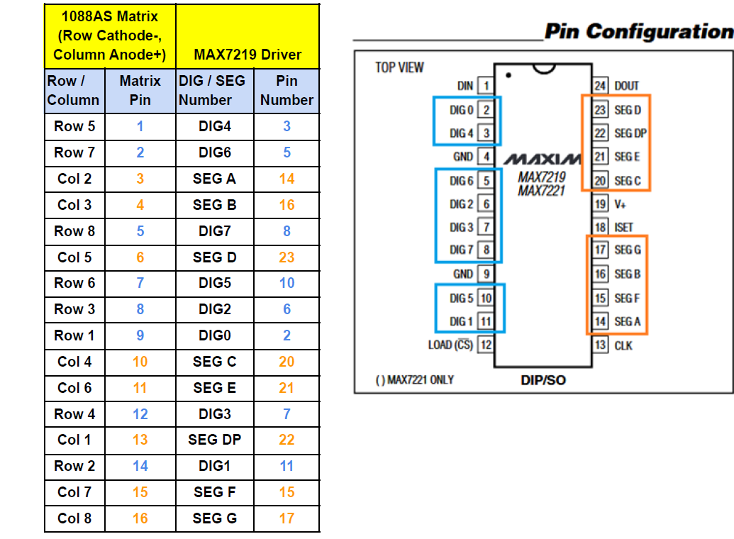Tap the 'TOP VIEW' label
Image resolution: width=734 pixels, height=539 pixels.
pos(399,67)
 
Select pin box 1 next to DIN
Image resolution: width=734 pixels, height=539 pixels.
pos(486,86)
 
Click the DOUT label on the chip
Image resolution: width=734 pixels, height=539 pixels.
pos(626,86)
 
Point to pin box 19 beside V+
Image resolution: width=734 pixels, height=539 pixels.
pos(600,204)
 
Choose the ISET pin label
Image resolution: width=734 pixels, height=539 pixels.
pos(623,227)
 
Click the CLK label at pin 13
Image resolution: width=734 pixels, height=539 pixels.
pos(623,345)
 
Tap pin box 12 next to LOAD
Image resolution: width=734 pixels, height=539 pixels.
pos(486,345)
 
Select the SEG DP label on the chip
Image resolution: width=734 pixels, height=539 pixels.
pos(630,133)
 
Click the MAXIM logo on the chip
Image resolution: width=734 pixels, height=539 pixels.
pos(542,160)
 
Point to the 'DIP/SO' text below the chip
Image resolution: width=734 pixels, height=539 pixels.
pos(543,379)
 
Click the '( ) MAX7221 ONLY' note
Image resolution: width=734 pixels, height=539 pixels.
pos(415,379)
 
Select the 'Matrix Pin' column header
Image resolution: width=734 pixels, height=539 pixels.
pos(140,90)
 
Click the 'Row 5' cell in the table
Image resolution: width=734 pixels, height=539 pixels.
pos(74,126)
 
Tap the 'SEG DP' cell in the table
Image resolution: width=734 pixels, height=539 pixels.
pos(214,439)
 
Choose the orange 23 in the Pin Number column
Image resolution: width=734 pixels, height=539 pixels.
pos(287,257)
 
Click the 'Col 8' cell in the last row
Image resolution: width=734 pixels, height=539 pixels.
pos(74,518)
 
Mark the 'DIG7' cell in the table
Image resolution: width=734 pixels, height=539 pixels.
pos(214,231)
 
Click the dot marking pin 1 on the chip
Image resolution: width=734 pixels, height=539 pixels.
pos(508,75)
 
